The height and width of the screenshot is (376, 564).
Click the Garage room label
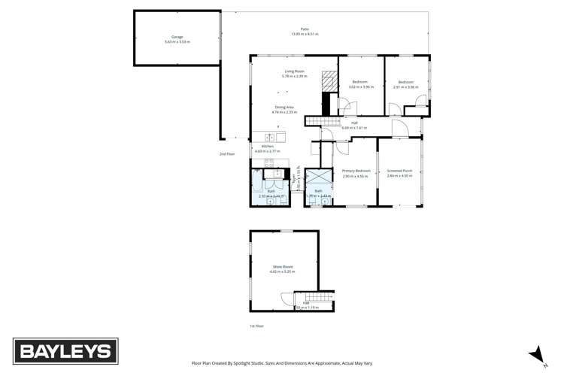177,36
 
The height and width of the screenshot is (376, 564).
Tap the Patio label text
305,29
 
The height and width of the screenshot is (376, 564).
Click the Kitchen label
267,147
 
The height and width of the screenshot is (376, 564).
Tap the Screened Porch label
399,171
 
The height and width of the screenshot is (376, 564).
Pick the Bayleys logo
63,350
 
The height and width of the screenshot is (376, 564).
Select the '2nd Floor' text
227,154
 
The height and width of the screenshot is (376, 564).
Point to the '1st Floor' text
256,326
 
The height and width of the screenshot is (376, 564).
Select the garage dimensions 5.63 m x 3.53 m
177,41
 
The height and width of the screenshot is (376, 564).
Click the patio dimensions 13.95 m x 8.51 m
305,35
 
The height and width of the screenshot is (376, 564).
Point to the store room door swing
286,299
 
